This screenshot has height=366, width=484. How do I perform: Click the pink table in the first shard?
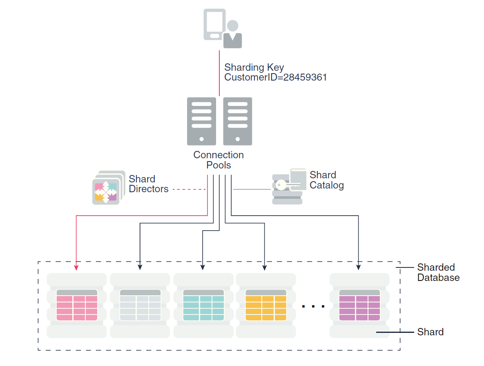(x=77, y=305)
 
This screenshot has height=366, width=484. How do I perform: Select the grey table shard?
(x=140, y=305)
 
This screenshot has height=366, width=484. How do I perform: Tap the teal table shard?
(x=203, y=305)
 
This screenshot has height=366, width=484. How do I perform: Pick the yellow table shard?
(x=266, y=305)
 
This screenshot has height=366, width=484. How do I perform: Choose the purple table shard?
(x=359, y=305)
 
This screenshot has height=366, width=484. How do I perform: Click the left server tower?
(x=201, y=121)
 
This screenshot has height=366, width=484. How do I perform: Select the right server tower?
(x=237, y=121)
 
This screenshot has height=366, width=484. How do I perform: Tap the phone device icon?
(x=214, y=25)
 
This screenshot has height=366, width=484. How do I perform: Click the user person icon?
(x=233, y=35)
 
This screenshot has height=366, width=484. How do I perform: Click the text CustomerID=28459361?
(x=276, y=77)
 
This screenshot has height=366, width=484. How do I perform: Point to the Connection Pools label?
(x=219, y=160)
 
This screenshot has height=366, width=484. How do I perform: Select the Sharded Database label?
(x=438, y=272)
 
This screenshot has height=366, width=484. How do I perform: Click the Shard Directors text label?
(x=148, y=184)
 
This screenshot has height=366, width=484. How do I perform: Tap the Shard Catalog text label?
(x=326, y=180)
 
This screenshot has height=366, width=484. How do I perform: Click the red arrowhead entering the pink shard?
(x=76, y=267)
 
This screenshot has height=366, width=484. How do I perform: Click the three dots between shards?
(x=313, y=306)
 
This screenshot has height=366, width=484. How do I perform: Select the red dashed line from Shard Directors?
(x=189, y=189)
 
